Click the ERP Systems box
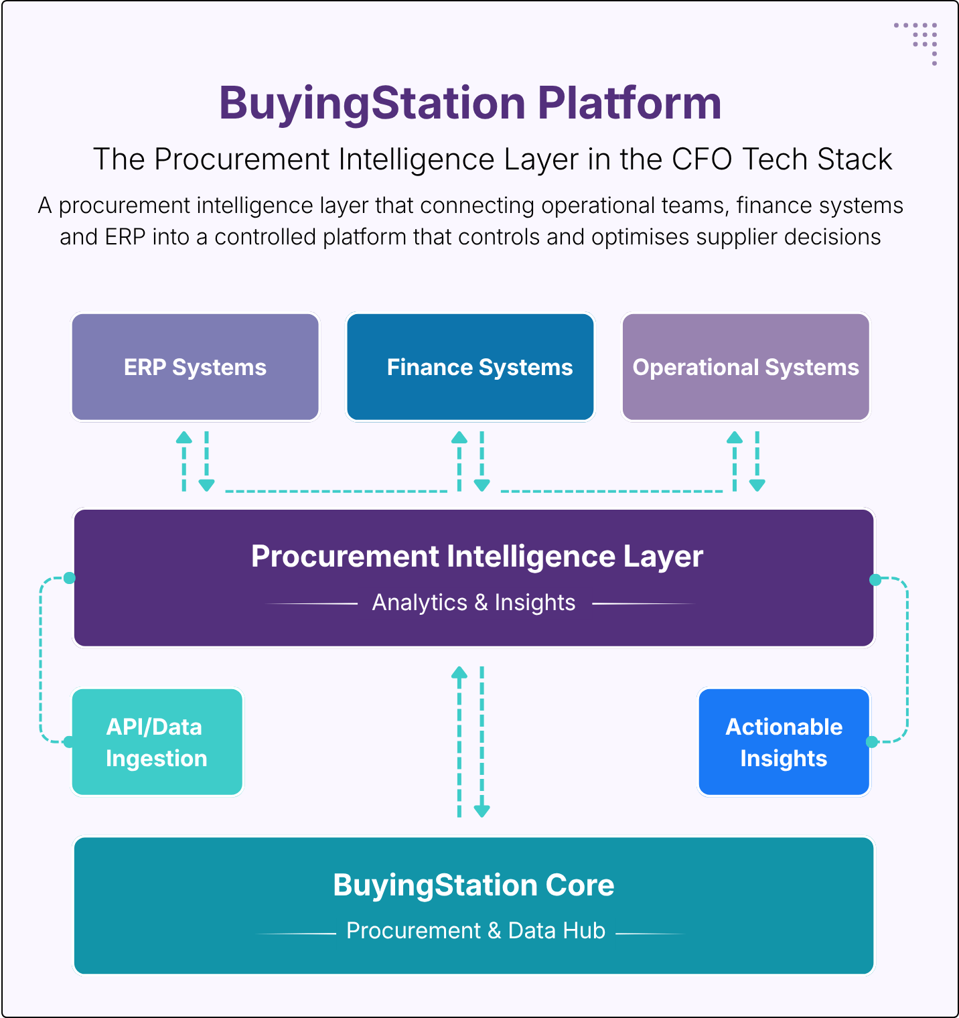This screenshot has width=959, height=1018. pos(195,367)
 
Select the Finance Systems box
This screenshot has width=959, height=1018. pos(470,367)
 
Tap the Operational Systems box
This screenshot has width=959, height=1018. pos(745,367)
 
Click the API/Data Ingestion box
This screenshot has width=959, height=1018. pos(157,742)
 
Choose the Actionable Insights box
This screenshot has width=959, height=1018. pos(784,742)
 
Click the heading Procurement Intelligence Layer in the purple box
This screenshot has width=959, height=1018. pos(477,556)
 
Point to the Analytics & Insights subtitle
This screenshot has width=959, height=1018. pos(473,603)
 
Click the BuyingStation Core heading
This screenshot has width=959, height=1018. pos(473,885)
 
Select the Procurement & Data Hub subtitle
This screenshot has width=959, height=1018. pos(475,931)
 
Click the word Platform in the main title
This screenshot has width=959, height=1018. pos(629,103)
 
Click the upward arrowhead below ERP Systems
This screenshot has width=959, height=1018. pos(184,438)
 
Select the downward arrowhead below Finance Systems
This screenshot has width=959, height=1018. pos(482,485)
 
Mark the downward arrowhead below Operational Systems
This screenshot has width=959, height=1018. pos(757,485)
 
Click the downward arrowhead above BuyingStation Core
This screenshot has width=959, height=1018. pos(482,811)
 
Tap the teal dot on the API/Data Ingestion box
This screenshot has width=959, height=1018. pos(68,741)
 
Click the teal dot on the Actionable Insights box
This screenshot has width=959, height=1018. pos(872,741)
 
